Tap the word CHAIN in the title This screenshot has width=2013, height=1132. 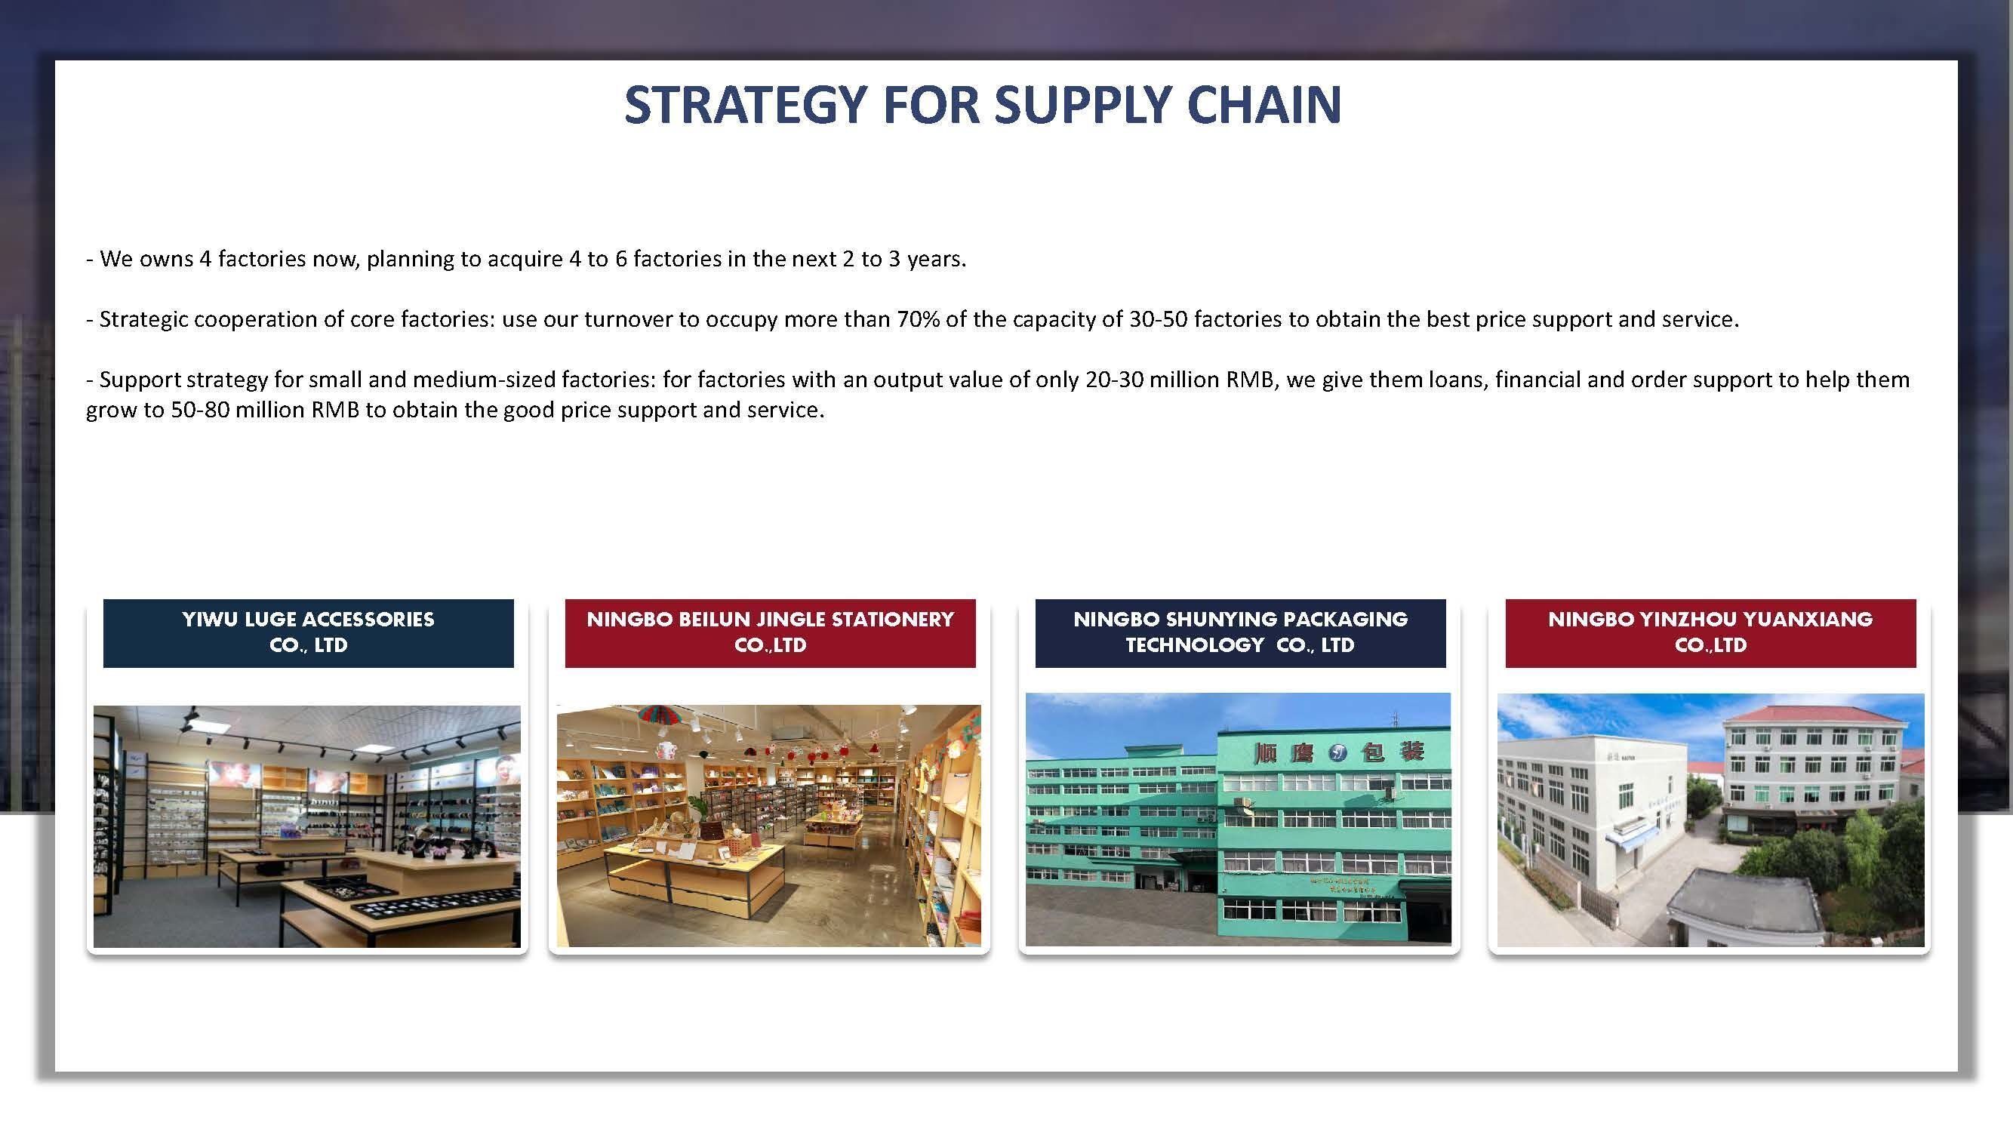1264,104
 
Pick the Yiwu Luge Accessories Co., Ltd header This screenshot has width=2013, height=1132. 308,633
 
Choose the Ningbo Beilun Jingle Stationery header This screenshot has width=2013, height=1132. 770,633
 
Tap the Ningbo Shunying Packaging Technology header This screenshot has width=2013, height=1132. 1240,633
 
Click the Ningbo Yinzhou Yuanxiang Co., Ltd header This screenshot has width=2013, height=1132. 1710,633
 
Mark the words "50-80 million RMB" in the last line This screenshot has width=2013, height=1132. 265,410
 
